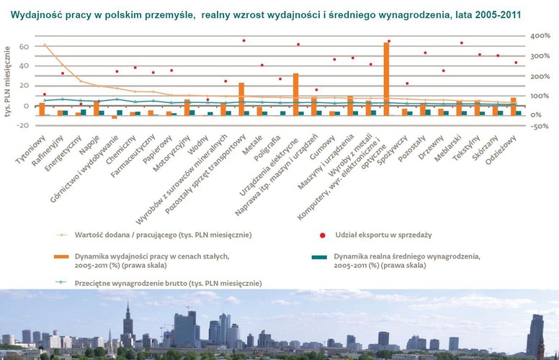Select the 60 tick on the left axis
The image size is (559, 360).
(23, 47)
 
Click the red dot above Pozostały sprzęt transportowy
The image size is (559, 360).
(243, 41)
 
